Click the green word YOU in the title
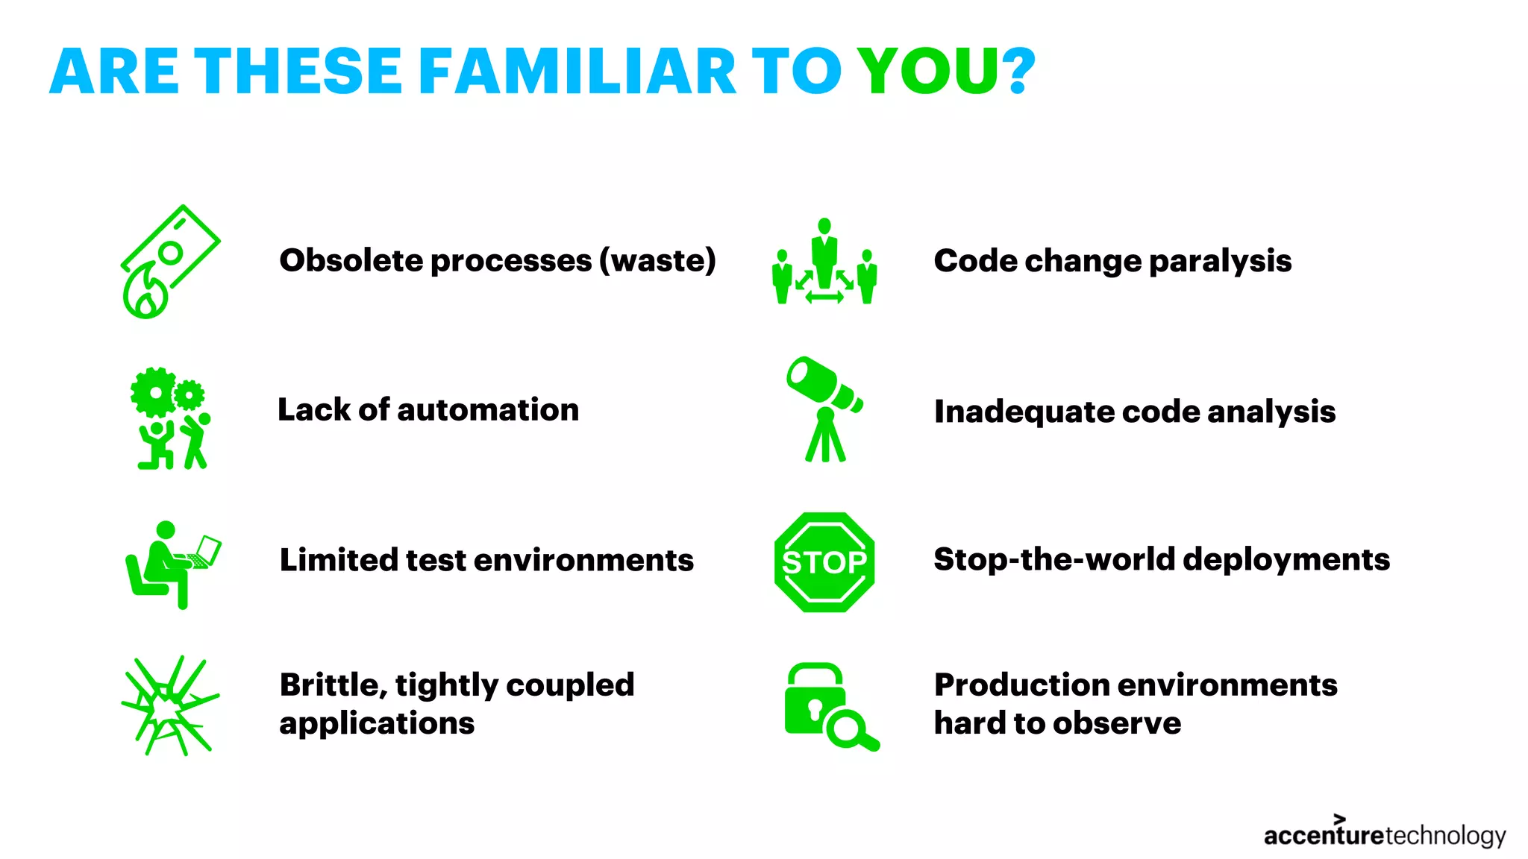(x=929, y=72)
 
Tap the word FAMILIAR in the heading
(x=577, y=72)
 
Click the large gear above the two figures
(x=154, y=392)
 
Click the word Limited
(x=337, y=559)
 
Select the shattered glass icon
(x=170, y=705)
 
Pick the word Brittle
(x=331, y=685)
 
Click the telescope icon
(x=824, y=409)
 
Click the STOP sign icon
(x=824, y=562)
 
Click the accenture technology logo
(x=1384, y=834)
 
